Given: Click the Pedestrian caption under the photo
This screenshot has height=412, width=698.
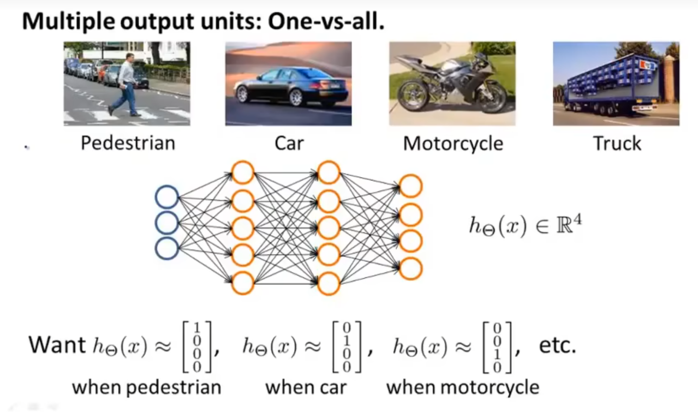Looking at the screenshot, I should (x=128, y=144).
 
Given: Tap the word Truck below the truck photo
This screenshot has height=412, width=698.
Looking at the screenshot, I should (x=617, y=144).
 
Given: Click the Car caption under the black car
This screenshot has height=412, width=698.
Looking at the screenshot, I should (x=289, y=144).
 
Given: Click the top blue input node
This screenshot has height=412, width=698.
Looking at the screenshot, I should (x=167, y=197).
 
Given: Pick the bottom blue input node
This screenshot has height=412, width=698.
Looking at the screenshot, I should (x=167, y=248).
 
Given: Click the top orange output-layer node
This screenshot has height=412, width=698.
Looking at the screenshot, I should (x=410, y=186).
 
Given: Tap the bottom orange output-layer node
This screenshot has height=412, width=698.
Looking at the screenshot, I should (x=410, y=268).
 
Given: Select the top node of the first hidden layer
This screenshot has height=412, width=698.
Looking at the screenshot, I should (x=243, y=173).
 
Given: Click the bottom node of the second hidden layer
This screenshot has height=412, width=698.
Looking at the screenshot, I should (x=329, y=283).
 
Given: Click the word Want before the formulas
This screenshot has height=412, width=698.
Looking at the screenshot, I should (x=57, y=345).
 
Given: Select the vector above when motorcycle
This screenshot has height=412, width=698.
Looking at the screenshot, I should (x=497, y=348).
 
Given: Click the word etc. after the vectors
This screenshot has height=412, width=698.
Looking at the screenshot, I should (x=557, y=346).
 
